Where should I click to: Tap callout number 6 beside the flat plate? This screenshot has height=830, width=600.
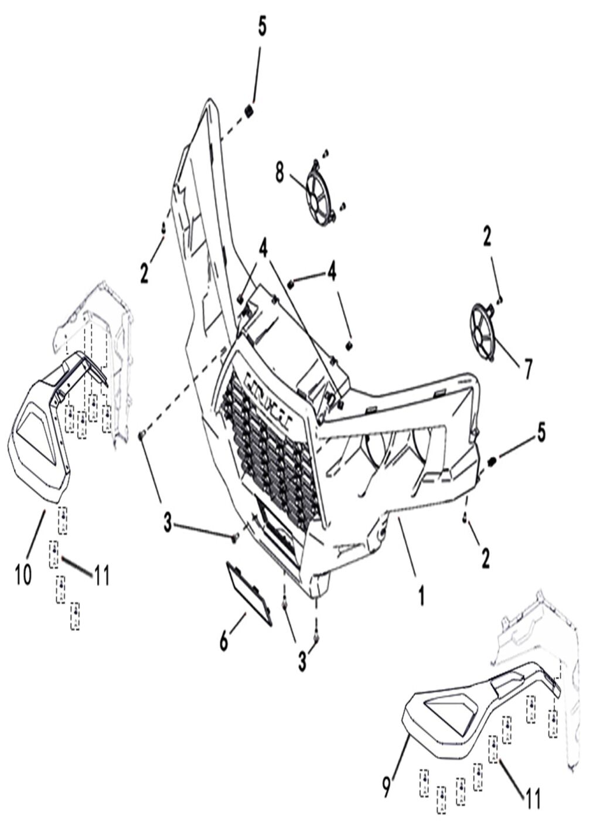pos(224,642)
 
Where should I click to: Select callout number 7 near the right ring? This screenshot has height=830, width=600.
pos(527,369)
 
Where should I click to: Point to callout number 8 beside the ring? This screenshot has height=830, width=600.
pos(279,173)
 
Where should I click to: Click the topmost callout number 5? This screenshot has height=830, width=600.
pos(262,26)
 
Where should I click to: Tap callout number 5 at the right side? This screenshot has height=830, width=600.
pos(541,433)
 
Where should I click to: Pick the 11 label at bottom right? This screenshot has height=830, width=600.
pos(532,798)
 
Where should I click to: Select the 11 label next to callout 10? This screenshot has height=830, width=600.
pos(101,575)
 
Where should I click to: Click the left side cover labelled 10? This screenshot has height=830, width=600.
pos(40,451)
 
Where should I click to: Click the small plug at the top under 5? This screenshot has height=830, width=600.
pos(248,110)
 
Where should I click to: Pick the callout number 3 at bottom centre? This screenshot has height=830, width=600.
pos(302,661)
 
